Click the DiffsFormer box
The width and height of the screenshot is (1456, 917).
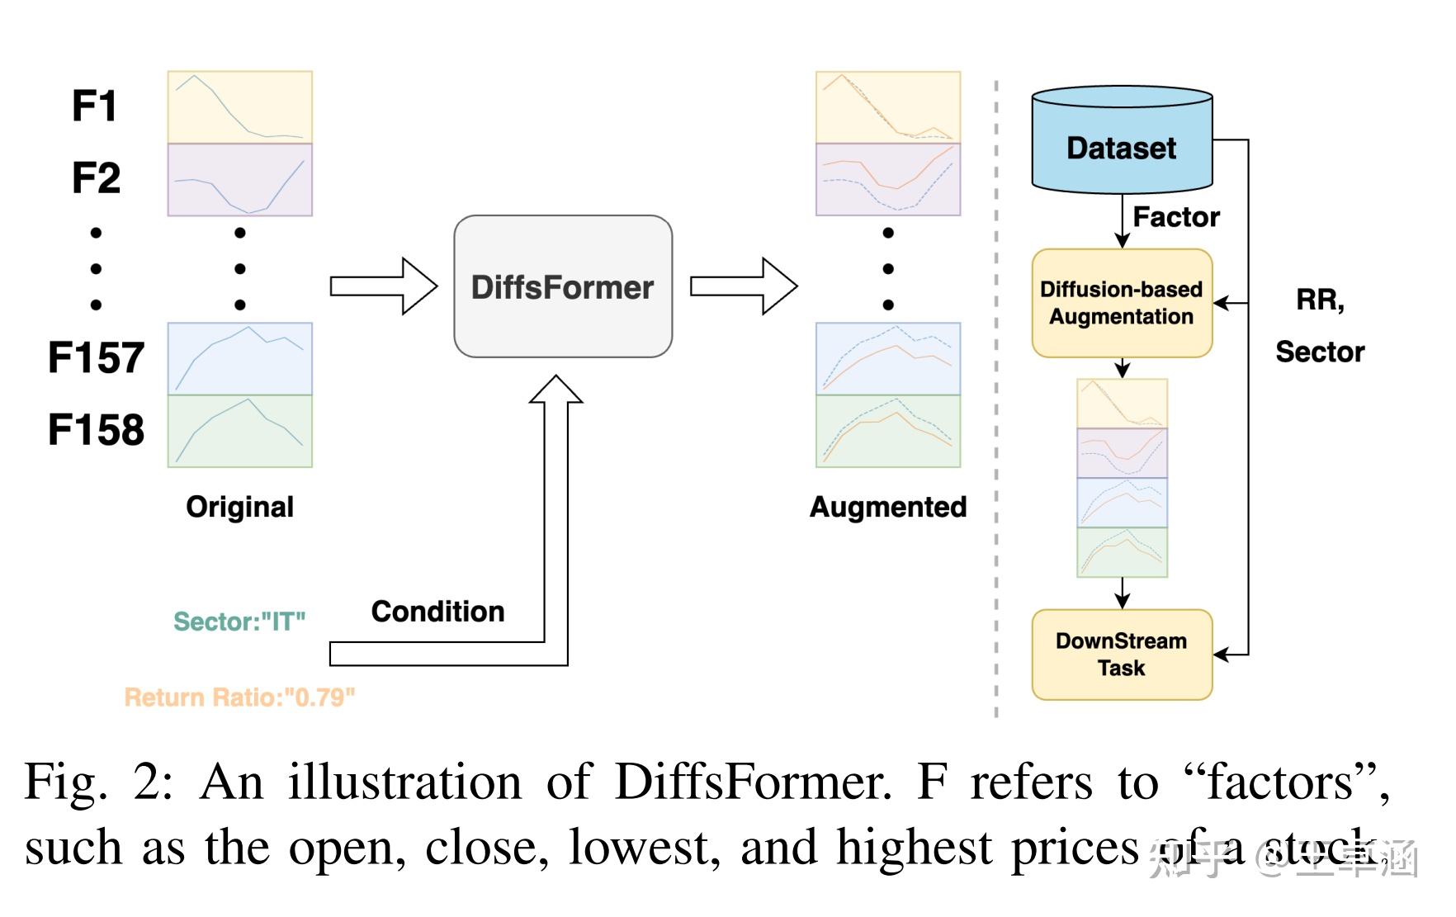[563, 286]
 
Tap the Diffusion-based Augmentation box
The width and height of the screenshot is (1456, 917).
[1121, 303]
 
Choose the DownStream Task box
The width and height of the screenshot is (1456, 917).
[1121, 655]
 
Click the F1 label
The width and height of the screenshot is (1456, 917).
[94, 106]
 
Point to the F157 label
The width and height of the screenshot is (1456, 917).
[96, 358]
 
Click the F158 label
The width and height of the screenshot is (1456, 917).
[96, 430]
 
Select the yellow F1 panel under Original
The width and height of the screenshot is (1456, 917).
[239, 106]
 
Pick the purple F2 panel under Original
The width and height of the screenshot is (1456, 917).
[239, 179]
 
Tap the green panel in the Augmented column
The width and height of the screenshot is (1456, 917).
[887, 431]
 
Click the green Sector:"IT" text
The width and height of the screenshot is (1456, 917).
[239, 622]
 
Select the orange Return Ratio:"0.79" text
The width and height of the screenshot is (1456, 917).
[239, 697]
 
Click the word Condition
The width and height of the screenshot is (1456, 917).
[437, 612]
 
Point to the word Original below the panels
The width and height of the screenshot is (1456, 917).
[239, 507]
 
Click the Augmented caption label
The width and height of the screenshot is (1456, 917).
[887, 507]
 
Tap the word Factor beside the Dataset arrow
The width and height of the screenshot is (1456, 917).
[1175, 217]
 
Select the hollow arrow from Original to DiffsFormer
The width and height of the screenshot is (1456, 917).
[383, 286]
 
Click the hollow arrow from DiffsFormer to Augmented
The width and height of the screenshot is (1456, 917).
[743, 286]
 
